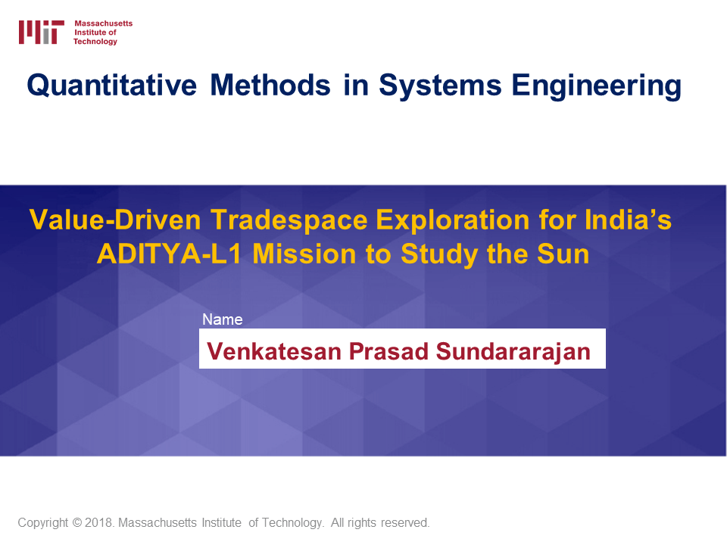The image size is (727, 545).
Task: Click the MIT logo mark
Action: (41, 32)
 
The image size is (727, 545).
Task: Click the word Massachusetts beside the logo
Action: (104, 23)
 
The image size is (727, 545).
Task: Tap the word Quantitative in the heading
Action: (112, 86)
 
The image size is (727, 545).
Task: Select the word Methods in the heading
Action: (270, 86)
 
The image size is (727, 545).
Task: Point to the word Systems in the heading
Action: (441, 86)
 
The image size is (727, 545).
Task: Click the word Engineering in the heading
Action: (597, 86)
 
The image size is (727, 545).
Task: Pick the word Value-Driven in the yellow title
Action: (115, 220)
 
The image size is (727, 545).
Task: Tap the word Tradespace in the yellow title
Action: (289, 220)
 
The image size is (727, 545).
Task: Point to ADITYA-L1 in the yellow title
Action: (169, 254)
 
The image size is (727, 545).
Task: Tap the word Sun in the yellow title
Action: (563, 254)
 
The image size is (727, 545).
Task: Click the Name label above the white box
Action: (223, 319)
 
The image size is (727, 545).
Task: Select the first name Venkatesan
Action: (274, 351)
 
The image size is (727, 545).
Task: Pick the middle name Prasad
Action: (388, 351)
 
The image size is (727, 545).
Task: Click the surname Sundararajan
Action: (513, 352)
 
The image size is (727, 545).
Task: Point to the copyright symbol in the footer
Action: (76, 523)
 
